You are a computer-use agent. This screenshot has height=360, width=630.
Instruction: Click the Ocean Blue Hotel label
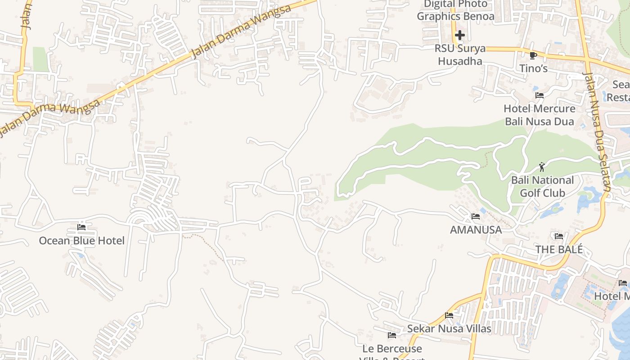pos(81,241)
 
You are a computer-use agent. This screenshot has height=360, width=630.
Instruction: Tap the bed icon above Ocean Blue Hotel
pos(81,227)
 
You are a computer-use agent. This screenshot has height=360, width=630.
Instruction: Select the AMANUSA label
pos(476,230)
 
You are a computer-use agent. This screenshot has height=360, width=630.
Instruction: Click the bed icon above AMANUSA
pos(476,216)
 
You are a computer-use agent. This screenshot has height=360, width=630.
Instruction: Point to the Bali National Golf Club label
pos(542,187)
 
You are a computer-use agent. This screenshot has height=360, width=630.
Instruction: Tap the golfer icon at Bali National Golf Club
pos(542,167)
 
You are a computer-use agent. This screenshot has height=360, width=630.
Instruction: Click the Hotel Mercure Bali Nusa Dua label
pos(540,115)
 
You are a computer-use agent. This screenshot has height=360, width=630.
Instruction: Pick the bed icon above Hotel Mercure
pos(540,95)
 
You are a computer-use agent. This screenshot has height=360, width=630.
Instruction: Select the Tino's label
pos(533,68)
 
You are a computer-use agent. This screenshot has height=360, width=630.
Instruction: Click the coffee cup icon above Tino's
pos(533,55)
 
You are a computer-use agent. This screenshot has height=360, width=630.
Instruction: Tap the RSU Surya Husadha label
pos(460,54)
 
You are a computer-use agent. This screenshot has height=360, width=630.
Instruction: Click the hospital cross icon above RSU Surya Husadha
pos(459,35)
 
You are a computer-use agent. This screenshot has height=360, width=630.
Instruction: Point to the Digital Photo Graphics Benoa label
pos(455,10)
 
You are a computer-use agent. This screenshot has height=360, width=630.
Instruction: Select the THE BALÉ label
pos(559,249)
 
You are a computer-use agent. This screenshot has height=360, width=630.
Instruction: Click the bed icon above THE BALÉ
pos(559,236)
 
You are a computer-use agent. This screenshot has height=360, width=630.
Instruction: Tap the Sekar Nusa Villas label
pos(449,329)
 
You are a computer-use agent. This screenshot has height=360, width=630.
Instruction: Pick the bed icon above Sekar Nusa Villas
pos(449,315)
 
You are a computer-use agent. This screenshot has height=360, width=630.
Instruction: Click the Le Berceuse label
pos(392,349)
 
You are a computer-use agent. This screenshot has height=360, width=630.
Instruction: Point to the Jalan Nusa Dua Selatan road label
pos(597,130)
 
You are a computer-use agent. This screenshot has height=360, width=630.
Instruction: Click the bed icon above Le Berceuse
pos(392,335)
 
